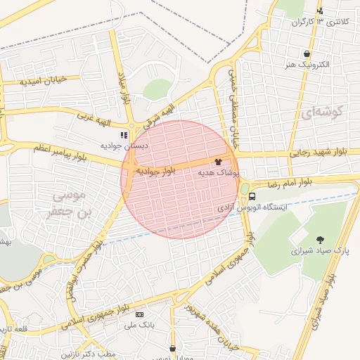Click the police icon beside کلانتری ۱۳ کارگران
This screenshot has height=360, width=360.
coord(321,11)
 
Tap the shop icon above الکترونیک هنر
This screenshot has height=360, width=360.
coord(307,53)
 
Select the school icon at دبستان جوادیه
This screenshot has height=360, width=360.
coord(124,134)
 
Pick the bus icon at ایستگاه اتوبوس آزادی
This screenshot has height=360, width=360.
coord(252,197)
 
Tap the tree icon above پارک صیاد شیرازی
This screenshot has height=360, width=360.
coord(321,240)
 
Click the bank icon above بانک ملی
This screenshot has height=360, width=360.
coord(139,314)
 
